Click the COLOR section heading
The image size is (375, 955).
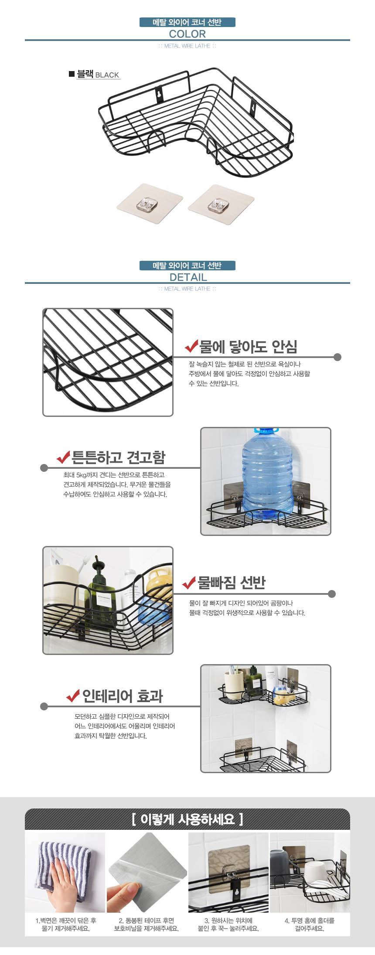click(187, 34)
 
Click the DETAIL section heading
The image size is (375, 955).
click(188, 277)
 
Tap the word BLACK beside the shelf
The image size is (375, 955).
click(107, 75)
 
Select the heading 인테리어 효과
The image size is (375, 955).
click(123, 696)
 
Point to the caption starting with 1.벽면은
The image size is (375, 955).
click(66, 924)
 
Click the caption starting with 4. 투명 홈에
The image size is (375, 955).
click(310, 924)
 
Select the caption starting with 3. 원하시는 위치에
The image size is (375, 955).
click(228, 924)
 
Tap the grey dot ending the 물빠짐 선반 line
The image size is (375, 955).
click(332, 594)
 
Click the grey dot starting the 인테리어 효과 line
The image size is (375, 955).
click(44, 706)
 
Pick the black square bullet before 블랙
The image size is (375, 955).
click(72, 74)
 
